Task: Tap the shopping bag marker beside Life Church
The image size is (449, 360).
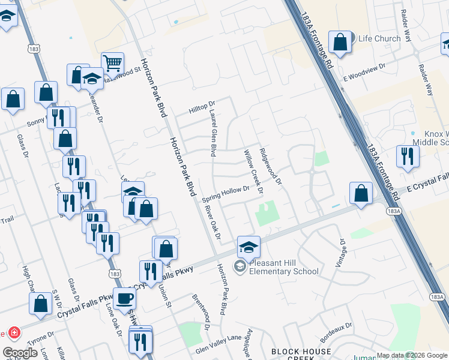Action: [340, 43]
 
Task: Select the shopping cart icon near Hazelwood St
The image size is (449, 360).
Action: [112, 62]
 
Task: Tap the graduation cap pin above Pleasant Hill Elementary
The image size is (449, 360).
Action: [249, 246]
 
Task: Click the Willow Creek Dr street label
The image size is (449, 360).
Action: [253, 172]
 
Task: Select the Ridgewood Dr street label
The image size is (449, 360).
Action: [270, 167]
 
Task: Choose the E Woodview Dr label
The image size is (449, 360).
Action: [363, 73]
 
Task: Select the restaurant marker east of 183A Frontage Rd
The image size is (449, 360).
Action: [408, 156]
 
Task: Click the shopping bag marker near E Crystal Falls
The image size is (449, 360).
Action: [361, 193]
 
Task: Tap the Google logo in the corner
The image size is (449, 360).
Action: [20, 353]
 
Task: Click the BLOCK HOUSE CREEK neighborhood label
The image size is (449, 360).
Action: [300, 355]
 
